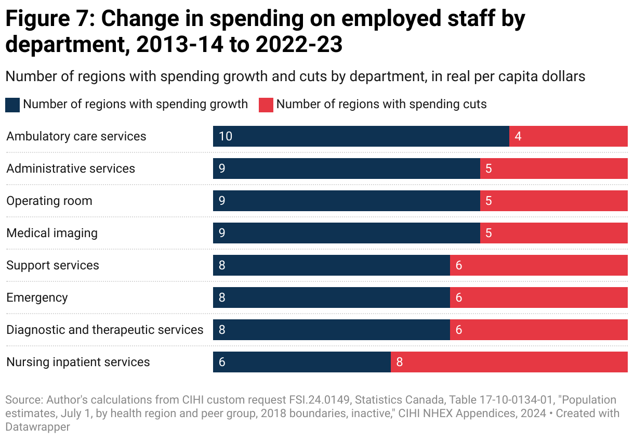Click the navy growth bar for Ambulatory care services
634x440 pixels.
(361, 136)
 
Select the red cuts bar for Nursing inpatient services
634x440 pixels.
(509, 362)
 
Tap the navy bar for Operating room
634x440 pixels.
(346, 201)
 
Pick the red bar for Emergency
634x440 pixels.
(538, 297)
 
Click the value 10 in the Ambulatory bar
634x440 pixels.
(225, 136)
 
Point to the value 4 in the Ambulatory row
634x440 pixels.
(518, 136)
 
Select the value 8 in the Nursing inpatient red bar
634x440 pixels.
(400, 362)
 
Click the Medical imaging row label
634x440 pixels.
(52, 233)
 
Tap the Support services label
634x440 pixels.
(52, 265)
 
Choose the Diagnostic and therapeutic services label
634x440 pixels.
(105, 330)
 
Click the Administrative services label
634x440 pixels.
(71, 169)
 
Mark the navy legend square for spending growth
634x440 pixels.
(12, 105)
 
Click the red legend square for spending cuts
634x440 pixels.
(266, 105)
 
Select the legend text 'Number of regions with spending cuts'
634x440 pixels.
(381, 104)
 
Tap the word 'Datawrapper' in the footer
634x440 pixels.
(37, 426)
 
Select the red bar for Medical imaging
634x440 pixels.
(553, 233)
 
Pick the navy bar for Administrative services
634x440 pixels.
(346, 169)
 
